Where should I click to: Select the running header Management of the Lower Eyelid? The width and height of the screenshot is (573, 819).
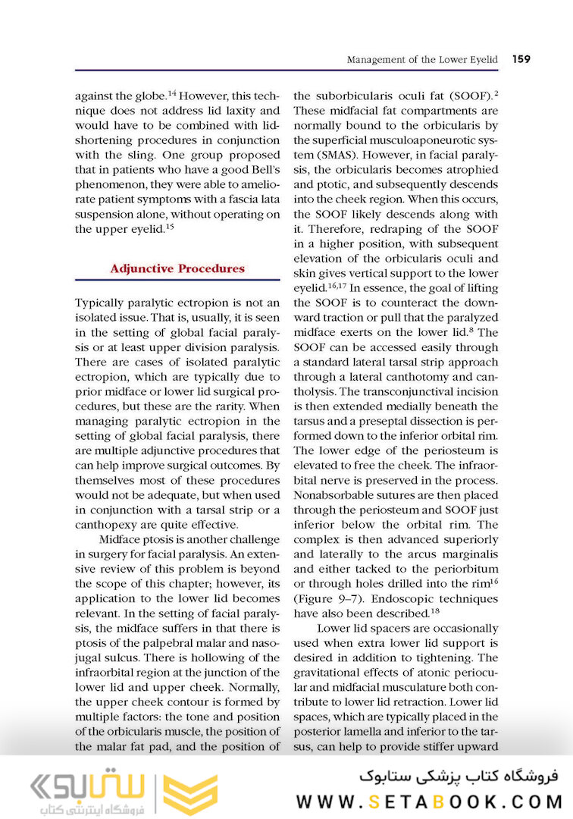tap(422, 59)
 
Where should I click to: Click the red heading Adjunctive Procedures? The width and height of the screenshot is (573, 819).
tap(177, 268)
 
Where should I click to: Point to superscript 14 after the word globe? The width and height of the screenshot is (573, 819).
tap(171, 93)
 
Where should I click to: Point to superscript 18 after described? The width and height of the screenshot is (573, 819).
tap(435, 610)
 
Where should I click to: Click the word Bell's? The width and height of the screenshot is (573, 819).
tap(259, 186)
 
